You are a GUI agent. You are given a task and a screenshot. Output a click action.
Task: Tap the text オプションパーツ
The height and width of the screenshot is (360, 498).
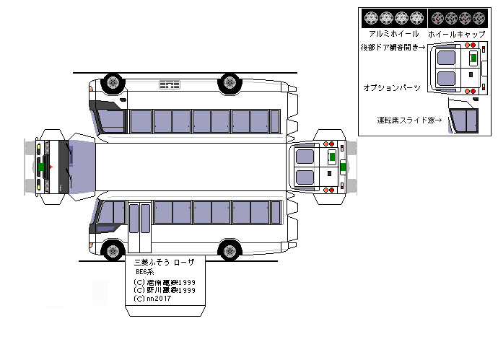click(392, 87)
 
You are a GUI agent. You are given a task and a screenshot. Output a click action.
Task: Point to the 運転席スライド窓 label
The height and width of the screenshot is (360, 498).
click(409, 120)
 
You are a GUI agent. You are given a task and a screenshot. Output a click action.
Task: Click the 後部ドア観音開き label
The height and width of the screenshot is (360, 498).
click(393, 48)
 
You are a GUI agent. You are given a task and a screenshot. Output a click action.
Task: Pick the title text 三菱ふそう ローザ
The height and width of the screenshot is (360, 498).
click(165, 263)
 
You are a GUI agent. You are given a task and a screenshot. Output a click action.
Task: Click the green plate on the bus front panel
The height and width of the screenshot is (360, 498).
click(42, 167)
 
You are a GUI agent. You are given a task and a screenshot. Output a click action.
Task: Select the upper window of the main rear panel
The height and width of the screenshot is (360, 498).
click(305, 156)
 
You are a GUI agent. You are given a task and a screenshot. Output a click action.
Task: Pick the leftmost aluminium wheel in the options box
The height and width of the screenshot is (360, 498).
click(372, 17)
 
